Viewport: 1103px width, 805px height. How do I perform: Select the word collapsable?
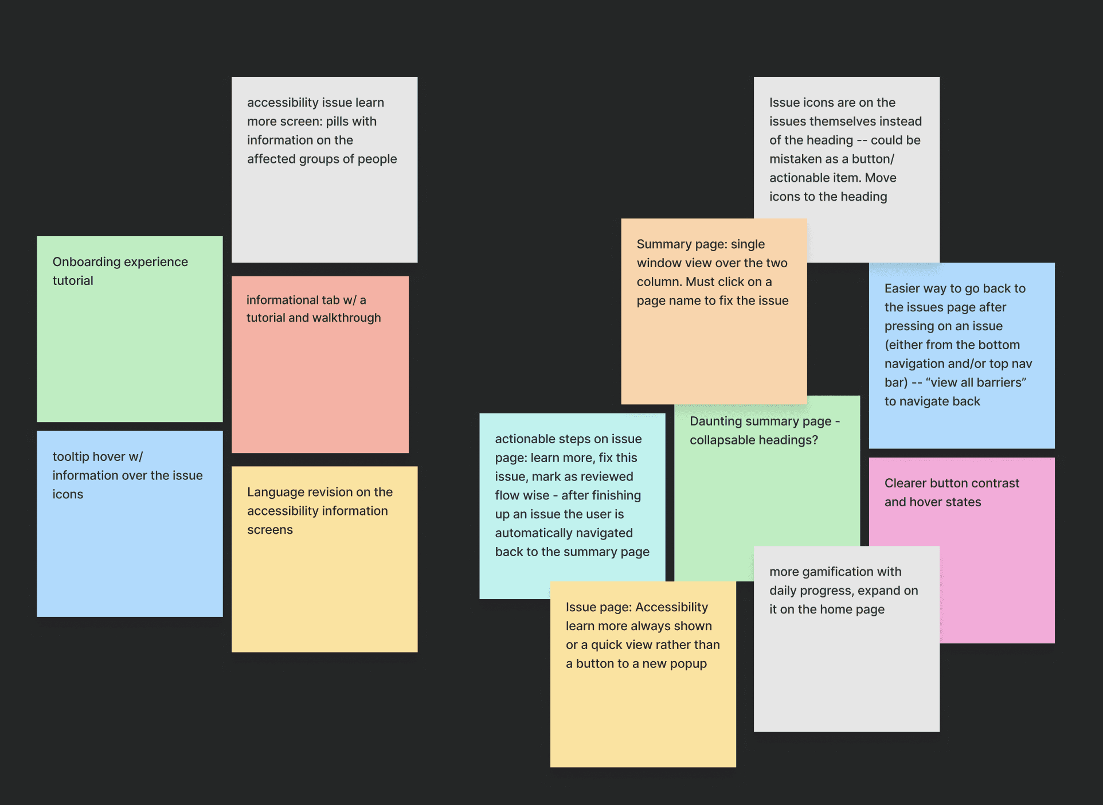722,440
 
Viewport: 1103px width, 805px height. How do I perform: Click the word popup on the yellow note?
689,664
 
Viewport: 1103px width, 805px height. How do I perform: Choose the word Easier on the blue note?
903,289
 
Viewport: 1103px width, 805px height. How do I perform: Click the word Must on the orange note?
700,282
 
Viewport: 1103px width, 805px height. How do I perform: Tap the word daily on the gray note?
783,591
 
